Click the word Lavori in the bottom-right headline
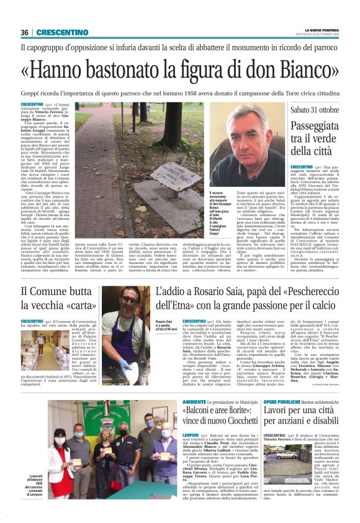tap(279, 414)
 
